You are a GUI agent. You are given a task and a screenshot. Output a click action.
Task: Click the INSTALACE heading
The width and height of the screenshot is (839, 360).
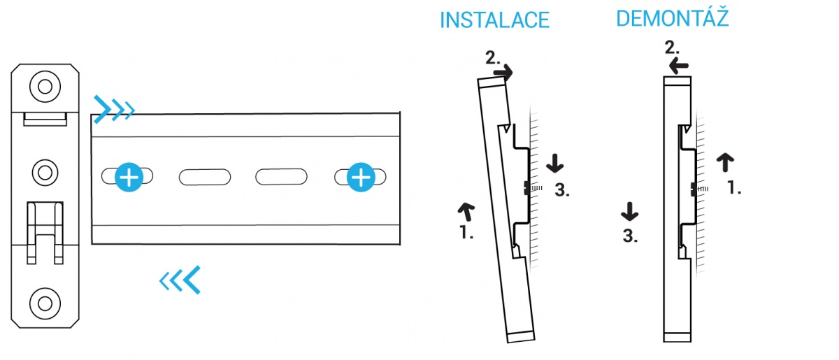point(494,20)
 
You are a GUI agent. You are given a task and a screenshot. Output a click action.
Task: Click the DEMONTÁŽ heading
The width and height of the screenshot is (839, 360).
point(673,17)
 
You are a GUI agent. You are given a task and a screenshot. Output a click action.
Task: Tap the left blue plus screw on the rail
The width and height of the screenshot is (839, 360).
point(129,177)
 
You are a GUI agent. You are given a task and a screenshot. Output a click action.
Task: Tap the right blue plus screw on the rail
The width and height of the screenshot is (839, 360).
point(361,177)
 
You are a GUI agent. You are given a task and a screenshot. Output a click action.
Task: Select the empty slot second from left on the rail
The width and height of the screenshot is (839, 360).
point(205,177)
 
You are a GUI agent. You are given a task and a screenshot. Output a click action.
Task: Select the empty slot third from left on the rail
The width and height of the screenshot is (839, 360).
point(281,177)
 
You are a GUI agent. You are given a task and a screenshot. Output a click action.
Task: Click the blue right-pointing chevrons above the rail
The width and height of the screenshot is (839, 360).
point(114,109)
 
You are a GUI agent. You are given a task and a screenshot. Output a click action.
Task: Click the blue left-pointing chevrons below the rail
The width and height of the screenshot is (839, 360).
point(180,280)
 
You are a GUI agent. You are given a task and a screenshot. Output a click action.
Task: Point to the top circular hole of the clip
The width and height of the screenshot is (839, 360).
point(45,87)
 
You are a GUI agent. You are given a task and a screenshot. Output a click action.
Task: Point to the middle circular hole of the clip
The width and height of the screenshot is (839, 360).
point(45,173)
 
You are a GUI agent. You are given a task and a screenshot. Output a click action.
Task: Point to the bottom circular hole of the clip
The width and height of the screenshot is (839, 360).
point(45,304)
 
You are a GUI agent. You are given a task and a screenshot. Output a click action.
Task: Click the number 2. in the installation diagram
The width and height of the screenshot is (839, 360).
point(492,58)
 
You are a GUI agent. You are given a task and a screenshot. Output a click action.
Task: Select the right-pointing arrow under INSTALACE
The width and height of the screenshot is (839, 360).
point(503,72)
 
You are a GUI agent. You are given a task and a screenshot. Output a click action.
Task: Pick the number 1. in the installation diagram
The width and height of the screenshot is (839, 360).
point(466,233)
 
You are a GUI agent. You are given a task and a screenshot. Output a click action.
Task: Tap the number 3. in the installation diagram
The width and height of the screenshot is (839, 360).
point(562,190)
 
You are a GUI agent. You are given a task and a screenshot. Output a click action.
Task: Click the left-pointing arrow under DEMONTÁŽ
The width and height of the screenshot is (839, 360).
point(679,66)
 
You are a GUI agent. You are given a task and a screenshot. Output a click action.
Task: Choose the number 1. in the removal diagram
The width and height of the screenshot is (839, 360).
point(734,187)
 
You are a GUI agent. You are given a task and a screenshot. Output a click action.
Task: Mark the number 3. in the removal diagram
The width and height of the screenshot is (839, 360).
point(630,236)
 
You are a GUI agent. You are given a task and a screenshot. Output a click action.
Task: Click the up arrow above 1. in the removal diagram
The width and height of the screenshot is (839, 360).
point(725,162)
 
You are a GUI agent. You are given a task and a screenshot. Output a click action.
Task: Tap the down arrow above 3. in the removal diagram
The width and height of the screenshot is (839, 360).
point(630,212)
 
